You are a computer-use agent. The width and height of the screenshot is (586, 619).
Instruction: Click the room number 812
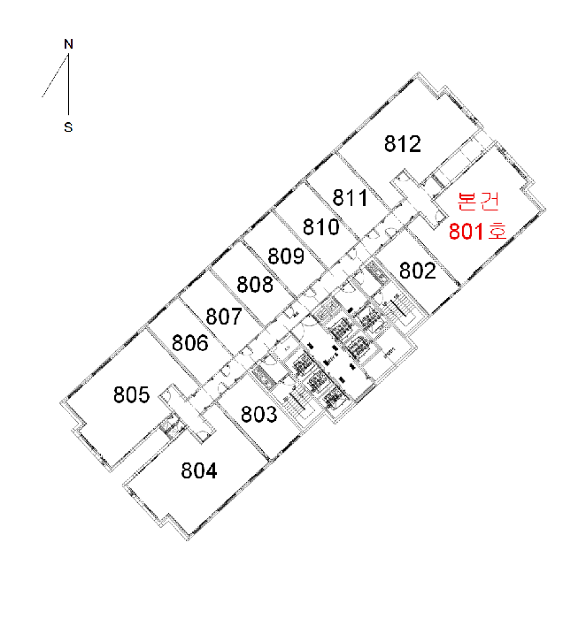[402, 143]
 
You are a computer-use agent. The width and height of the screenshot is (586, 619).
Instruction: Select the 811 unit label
[351, 197]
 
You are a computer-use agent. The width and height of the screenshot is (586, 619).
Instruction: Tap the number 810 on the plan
[320, 227]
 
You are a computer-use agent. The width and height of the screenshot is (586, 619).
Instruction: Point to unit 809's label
[286, 256]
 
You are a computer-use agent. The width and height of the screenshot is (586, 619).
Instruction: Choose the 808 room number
[255, 284]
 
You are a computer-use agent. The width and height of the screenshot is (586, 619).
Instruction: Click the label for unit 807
[224, 317]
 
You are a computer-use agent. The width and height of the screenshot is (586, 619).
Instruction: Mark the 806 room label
[190, 343]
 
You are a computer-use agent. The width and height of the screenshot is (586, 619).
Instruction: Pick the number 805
[132, 394]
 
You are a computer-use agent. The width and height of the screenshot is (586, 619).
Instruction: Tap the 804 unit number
[199, 470]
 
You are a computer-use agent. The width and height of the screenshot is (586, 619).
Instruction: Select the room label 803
[259, 414]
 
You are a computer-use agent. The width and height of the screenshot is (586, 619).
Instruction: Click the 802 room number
[418, 271]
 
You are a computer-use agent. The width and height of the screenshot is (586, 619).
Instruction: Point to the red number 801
[466, 232]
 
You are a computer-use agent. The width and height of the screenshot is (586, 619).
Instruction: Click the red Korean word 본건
[478, 201]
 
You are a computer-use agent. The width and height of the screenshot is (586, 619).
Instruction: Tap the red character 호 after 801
[497, 231]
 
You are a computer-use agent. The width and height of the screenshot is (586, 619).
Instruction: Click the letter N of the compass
[68, 44]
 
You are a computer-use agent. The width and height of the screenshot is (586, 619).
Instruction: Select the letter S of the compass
[68, 127]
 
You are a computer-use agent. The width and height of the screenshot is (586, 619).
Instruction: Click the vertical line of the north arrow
[68, 84]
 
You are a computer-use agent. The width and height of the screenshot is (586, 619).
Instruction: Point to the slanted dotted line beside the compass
[55, 75]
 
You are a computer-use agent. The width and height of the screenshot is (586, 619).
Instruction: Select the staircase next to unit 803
[298, 401]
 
